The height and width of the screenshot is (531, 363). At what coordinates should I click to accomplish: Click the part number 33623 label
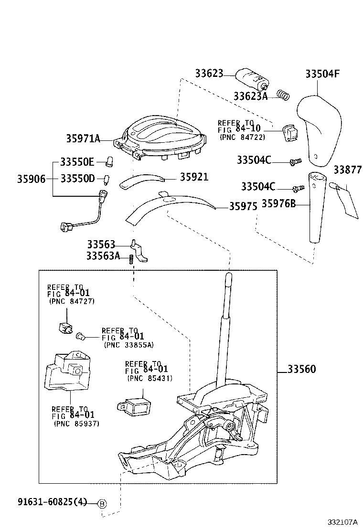click(x=209, y=74)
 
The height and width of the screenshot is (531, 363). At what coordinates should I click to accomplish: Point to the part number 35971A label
click(x=83, y=139)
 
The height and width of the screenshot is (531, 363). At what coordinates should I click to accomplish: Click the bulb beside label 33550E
click(x=109, y=161)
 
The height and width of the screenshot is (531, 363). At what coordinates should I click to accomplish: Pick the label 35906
click(x=32, y=179)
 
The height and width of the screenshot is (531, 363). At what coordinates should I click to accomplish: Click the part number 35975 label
click(x=243, y=206)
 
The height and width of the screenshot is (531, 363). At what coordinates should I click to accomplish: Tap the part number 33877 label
click(x=347, y=170)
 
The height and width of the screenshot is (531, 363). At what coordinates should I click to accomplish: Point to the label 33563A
click(x=103, y=256)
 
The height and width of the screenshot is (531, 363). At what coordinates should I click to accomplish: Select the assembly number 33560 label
click(x=302, y=369)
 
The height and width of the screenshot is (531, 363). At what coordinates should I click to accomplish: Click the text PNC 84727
click(x=72, y=301)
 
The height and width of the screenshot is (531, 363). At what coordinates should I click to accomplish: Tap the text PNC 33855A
click(x=128, y=344)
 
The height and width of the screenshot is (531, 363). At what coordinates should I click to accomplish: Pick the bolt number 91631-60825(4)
click(x=53, y=502)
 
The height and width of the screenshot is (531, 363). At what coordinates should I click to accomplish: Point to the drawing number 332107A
click(x=342, y=522)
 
